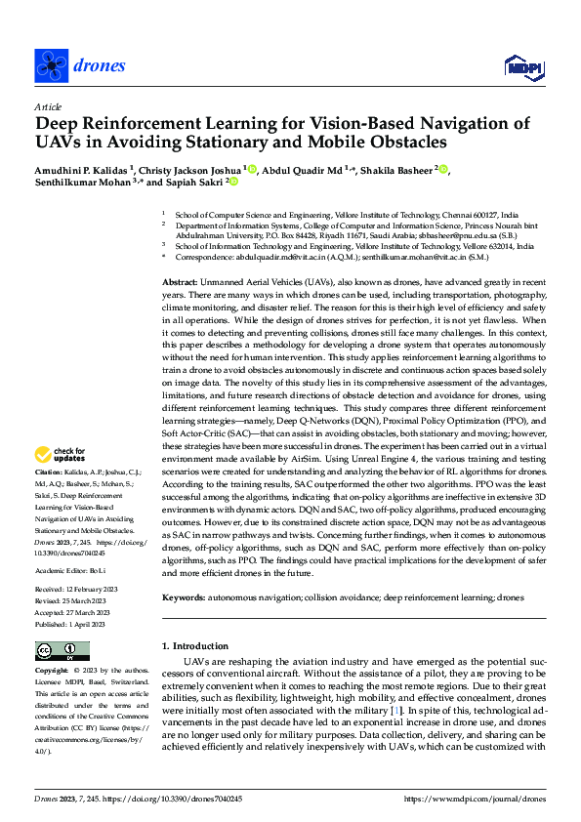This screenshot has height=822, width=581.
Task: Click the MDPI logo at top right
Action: (x=521, y=65)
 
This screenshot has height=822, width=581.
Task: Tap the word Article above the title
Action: (x=48, y=106)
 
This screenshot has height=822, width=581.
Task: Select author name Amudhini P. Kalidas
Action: (x=89, y=169)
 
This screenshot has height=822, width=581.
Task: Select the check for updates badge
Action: (x=62, y=454)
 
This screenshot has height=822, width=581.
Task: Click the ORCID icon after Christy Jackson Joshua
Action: (x=251, y=169)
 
